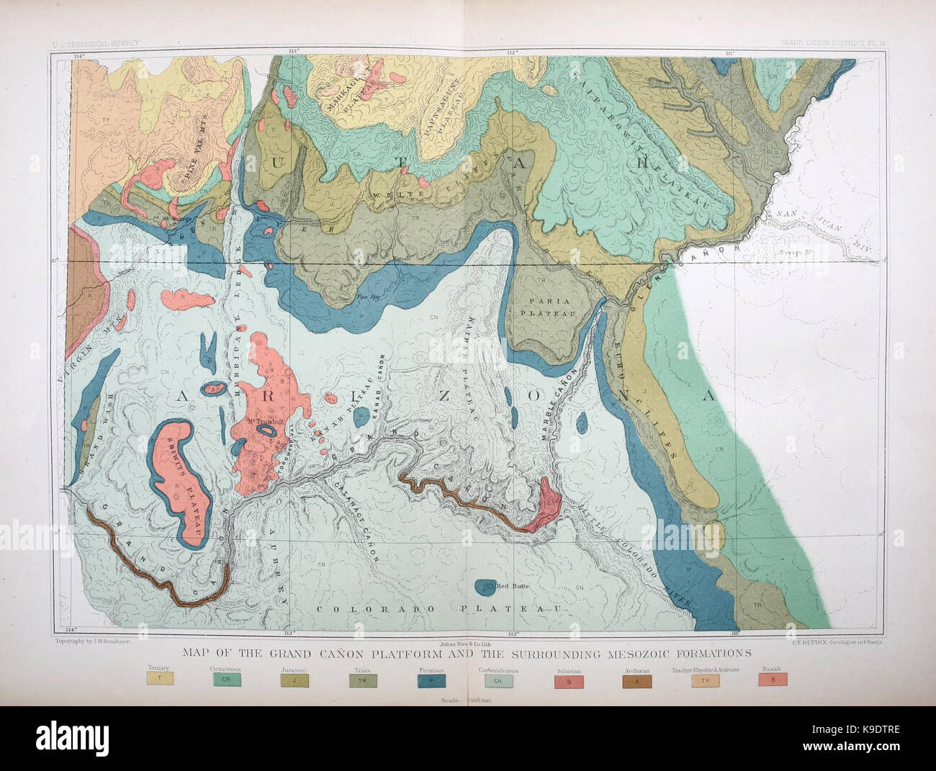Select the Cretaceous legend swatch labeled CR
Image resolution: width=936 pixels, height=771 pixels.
click(225, 678)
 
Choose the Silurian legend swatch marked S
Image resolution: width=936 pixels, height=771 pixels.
click(569, 678)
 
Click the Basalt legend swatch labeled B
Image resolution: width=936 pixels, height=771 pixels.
click(773, 678)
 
